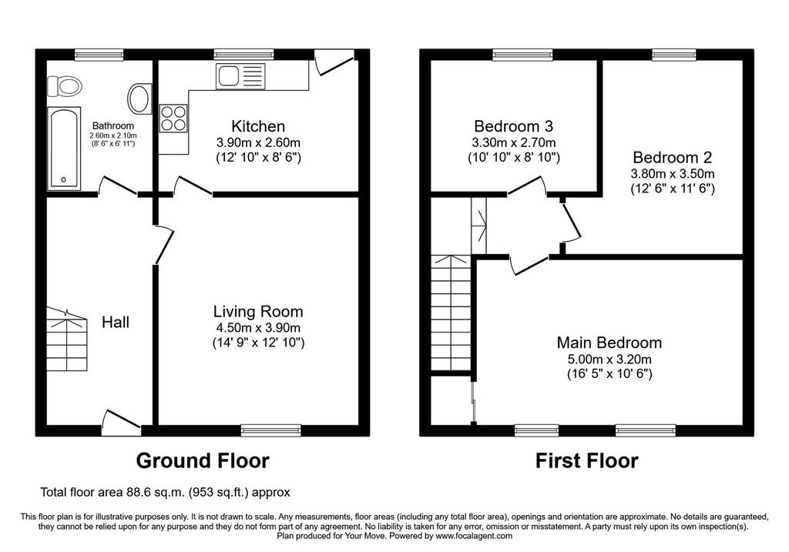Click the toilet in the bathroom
click(65, 86)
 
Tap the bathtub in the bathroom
click(65, 149)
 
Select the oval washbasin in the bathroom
click(139, 99)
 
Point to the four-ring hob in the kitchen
click(173, 118)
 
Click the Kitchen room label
click(258, 126)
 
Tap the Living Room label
click(258, 312)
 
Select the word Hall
click(116, 323)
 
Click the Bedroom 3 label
click(514, 125)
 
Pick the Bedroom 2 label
click(672, 157)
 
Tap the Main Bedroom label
click(609, 343)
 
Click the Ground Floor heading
click(203, 460)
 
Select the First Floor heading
click(586, 460)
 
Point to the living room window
click(270, 430)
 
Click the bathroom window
click(99, 55)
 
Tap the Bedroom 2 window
click(674, 55)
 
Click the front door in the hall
click(121, 423)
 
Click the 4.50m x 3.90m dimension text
click(258, 328)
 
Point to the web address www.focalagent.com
click(474, 536)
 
